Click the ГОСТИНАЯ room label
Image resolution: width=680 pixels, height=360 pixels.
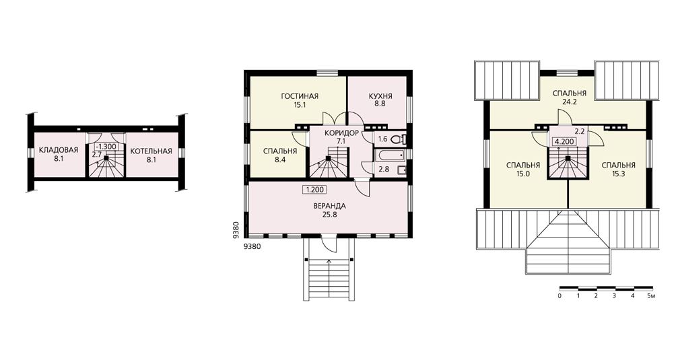pos(300,96)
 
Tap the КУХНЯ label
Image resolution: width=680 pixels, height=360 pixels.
pos(380,96)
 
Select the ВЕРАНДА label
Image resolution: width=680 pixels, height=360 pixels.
pos(330,206)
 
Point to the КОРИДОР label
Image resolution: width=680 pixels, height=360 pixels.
pos(342,133)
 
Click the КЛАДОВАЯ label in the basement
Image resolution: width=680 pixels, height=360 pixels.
pos(59,150)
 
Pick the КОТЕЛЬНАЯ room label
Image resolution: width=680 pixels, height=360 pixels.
pos(151,151)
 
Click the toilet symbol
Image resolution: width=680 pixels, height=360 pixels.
pos(398,139)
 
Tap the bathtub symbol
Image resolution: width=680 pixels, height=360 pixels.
pos(389,155)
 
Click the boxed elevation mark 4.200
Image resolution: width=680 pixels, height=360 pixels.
pos(564,141)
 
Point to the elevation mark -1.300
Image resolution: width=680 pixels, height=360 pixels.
pos(106,147)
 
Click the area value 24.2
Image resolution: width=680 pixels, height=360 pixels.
pos(570,102)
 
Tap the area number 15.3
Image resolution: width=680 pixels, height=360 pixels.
pos(619,174)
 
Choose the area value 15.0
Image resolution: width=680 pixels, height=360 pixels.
pos(523,174)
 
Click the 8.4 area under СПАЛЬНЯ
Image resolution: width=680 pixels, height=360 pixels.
pos(280,159)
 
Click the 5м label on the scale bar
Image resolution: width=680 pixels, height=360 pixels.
pos(651,296)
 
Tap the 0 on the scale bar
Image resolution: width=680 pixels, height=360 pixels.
pos(560,296)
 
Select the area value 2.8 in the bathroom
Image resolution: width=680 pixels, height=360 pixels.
pos(383,170)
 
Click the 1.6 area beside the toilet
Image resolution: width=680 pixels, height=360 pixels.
pos(382,139)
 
